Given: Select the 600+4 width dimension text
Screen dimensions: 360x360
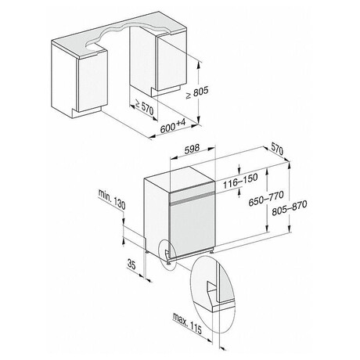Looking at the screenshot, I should [x=171, y=127].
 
